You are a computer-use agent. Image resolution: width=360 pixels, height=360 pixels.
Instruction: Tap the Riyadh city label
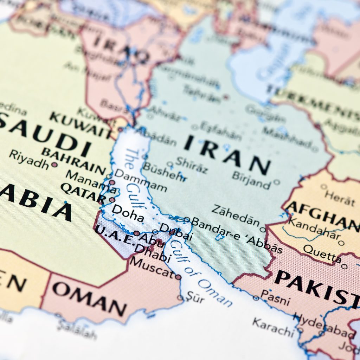click(29, 159)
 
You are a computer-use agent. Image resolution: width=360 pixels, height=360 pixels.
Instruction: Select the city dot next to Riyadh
click(54, 164)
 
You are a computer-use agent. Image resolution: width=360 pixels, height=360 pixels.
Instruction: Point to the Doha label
click(128, 213)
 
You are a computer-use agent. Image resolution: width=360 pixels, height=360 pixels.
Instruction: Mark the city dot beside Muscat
click(178, 277)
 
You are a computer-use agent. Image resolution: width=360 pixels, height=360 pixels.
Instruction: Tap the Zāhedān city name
click(235, 214)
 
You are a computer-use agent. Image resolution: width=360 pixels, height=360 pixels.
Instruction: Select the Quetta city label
click(322, 254)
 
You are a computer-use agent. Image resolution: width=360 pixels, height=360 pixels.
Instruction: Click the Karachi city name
click(273, 326)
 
